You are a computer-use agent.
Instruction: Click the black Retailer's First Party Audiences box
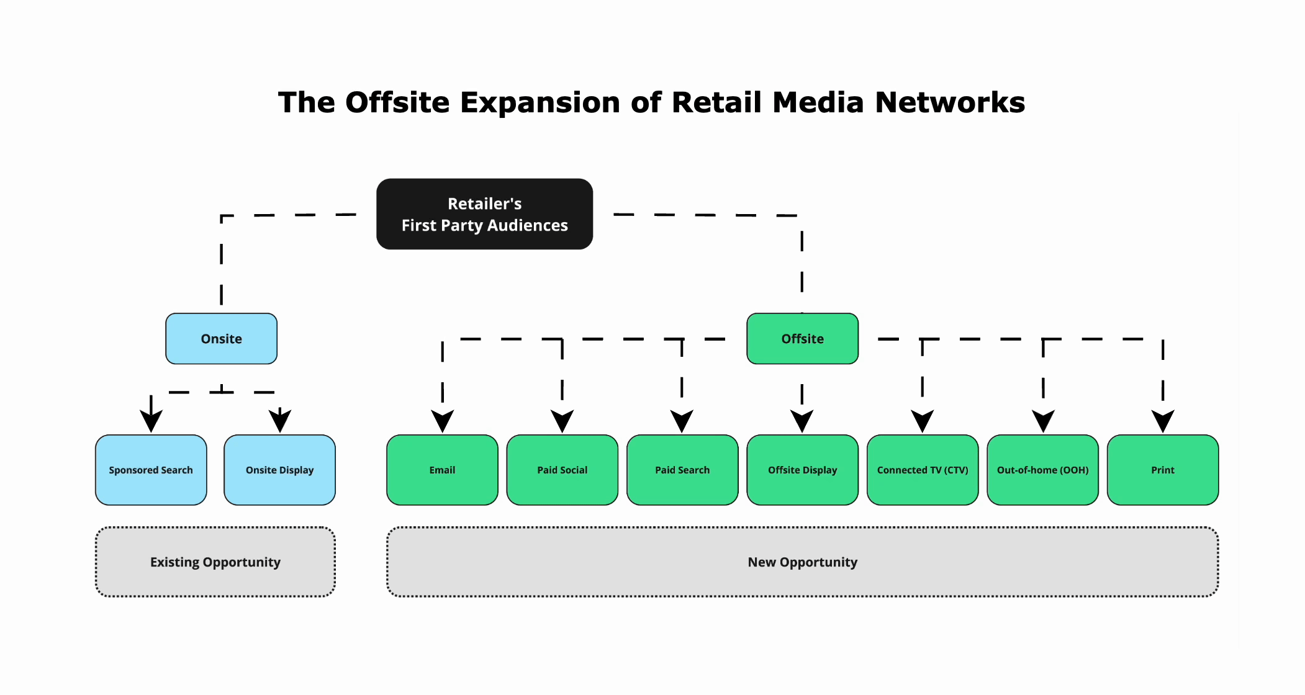click(484, 214)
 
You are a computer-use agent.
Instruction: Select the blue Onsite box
click(221, 338)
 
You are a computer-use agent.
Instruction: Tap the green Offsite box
click(802, 338)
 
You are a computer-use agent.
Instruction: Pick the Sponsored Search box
click(151, 470)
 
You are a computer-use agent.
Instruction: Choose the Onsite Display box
click(279, 470)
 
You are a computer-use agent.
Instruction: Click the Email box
click(442, 470)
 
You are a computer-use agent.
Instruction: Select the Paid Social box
click(562, 470)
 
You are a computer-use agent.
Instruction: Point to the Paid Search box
click(682, 470)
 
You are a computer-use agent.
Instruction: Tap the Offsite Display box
click(802, 470)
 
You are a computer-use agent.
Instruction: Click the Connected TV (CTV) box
click(923, 470)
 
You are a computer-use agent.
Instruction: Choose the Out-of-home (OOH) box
click(1042, 470)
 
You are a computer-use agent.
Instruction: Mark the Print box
click(1163, 470)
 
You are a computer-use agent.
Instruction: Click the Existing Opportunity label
click(215, 562)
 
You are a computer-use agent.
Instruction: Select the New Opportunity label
click(802, 562)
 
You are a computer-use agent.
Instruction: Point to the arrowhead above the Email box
click(442, 420)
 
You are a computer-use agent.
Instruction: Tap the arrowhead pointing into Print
click(1163, 420)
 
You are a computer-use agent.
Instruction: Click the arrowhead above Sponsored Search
click(151, 420)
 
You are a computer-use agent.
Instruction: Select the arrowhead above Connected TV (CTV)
click(923, 420)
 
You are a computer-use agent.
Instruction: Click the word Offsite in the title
click(397, 102)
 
